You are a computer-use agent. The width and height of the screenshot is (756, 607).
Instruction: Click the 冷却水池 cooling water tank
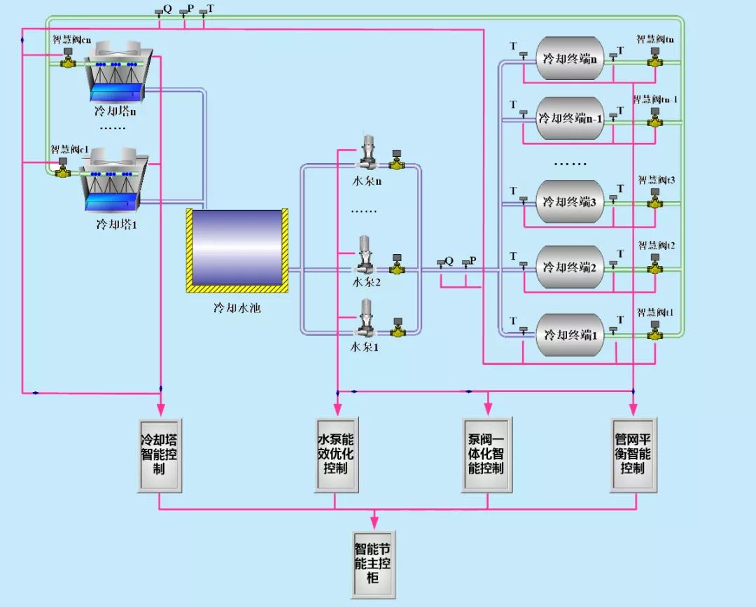point(237,249)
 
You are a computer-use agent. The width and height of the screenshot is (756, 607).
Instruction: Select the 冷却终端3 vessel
point(570,202)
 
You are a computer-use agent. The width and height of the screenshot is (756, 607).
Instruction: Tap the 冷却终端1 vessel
point(570,335)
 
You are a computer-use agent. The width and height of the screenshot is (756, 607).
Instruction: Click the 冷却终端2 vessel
point(570,267)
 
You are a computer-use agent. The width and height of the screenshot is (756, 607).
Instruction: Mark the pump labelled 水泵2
point(367,258)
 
